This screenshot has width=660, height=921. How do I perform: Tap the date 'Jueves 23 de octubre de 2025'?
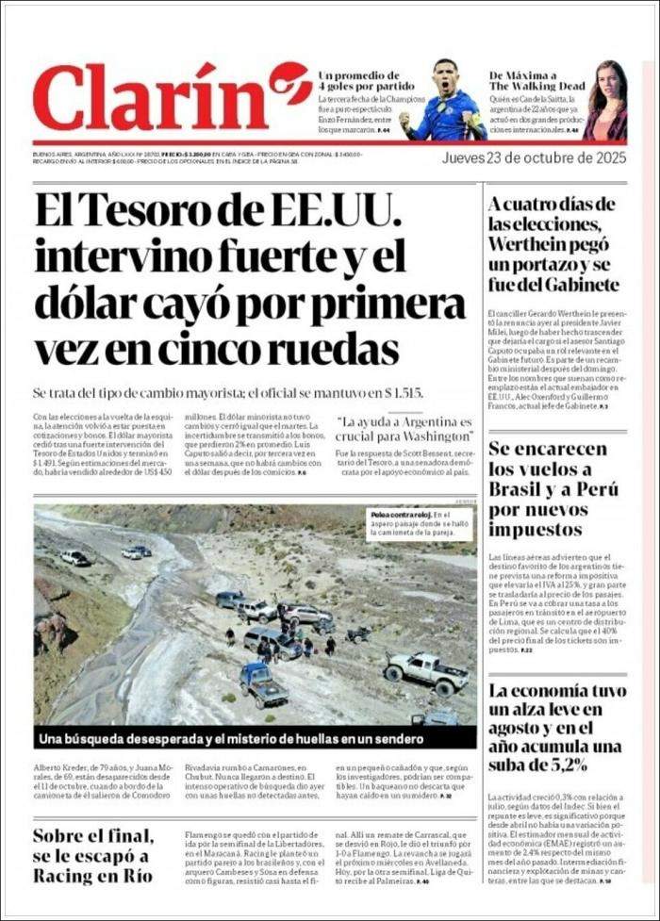[534, 157]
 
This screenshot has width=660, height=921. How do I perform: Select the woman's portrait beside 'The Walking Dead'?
[605, 102]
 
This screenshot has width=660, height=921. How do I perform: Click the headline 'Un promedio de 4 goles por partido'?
[358, 81]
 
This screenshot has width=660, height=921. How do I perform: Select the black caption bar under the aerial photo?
[256, 737]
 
